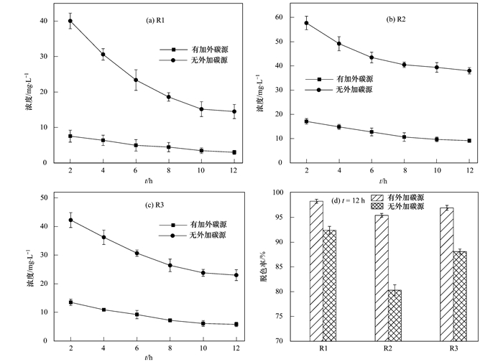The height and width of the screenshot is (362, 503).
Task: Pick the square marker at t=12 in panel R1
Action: pos(234,152)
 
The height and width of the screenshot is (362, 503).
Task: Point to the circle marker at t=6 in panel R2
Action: pos(372,57)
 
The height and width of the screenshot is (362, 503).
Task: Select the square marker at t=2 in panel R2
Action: pos(307,121)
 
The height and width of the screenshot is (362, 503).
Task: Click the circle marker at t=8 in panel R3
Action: pos(169,265)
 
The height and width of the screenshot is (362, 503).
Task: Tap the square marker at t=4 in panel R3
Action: pos(103,310)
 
